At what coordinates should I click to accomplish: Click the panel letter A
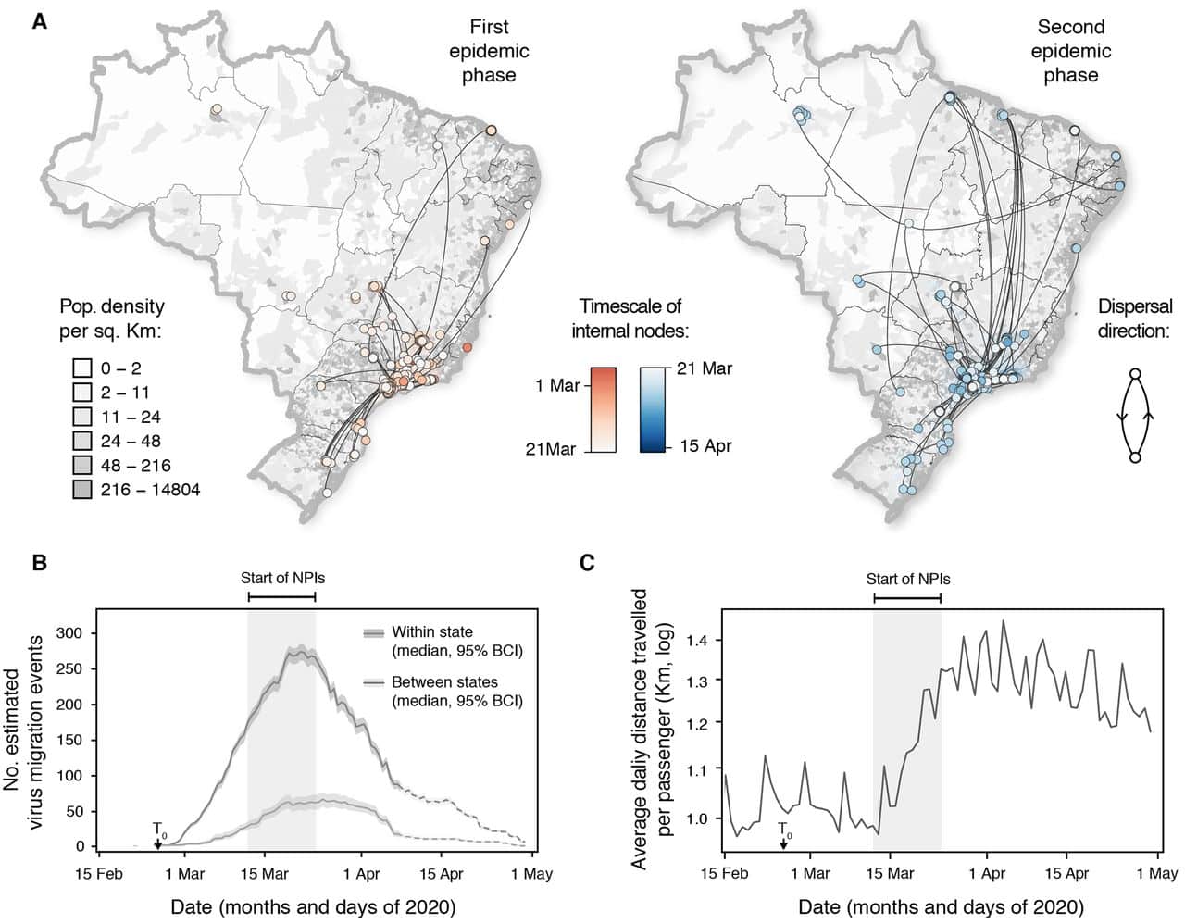pos(39,20)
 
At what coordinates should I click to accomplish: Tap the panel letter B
pos(39,562)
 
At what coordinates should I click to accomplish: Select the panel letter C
pos(587,562)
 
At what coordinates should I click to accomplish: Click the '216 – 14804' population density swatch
pos(82,489)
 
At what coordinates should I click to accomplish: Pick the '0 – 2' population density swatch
pos(82,368)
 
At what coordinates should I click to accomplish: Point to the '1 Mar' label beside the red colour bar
pos(556,384)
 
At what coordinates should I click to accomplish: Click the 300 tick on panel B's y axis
pos(71,633)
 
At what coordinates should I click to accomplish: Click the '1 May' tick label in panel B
pos(531,872)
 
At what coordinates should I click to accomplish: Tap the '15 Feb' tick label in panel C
pos(722,872)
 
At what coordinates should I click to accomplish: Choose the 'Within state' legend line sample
pos(373,632)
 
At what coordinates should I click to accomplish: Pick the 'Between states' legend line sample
pos(373,683)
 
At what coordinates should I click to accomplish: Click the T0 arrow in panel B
pos(157,841)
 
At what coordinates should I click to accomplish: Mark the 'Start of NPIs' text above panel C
pos(907,579)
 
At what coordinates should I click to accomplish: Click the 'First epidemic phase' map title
pos(489,51)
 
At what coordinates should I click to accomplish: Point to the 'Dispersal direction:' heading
pos(1135,318)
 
